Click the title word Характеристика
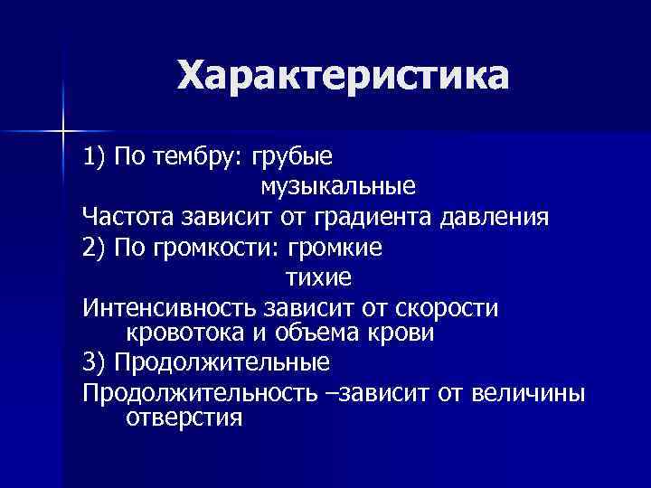pyautogui.click(x=343, y=76)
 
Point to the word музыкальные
pyautogui.click(x=325, y=187)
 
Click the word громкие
pyautogui.click(x=335, y=246)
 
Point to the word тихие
pyautogui.click(x=318, y=276)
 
